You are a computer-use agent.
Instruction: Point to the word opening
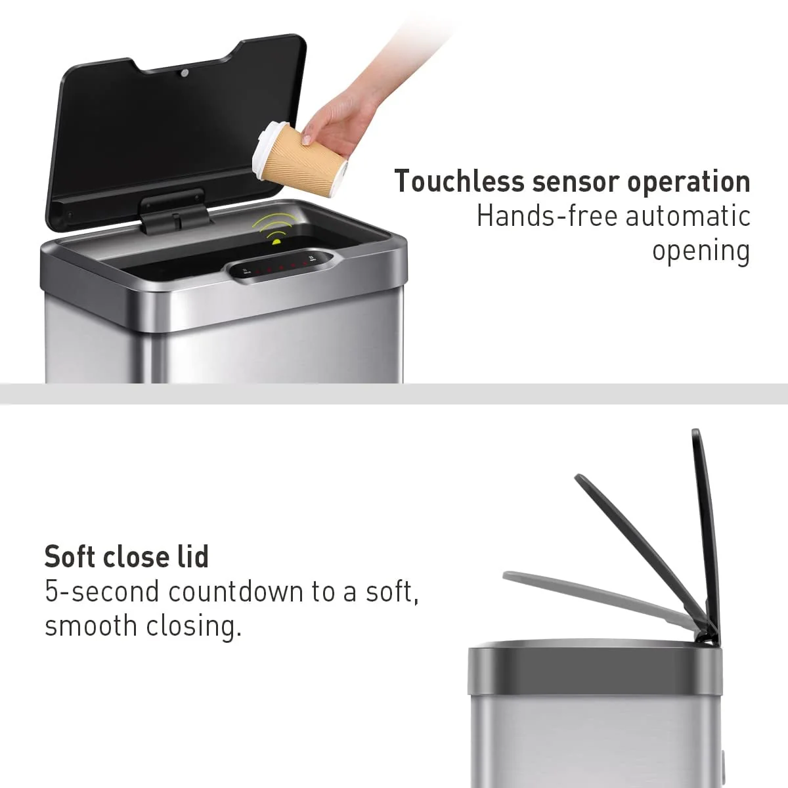pyautogui.click(x=701, y=251)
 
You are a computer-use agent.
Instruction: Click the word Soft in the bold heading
pyautogui.click(x=70, y=557)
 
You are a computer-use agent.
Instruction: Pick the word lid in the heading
pyautogui.click(x=194, y=557)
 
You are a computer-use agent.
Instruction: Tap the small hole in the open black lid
pyautogui.click(x=185, y=72)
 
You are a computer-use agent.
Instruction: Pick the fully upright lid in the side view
pyautogui.click(x=706, y=525)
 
